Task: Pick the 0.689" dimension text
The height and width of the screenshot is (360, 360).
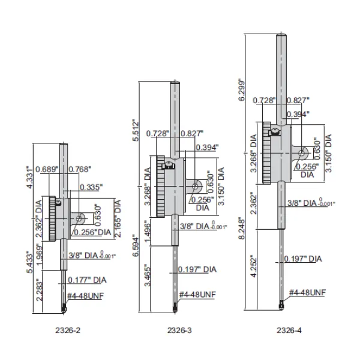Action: [x=47, y=170]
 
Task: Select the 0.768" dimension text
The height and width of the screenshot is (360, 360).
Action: [x=81, y=170]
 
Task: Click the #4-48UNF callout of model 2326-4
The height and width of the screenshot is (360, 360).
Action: [x=307, y=293]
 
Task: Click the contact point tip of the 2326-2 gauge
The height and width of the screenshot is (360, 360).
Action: [x=65, y=311]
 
